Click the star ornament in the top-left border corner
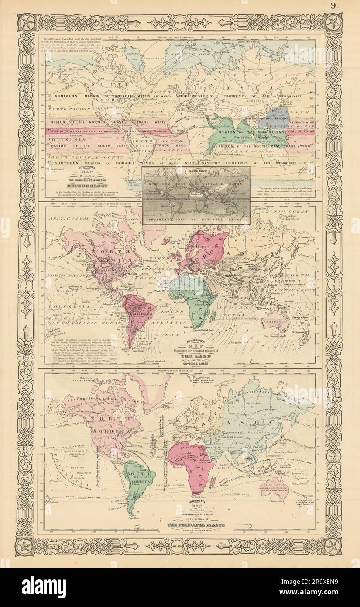pyautogui.click(x=26, y=23)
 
